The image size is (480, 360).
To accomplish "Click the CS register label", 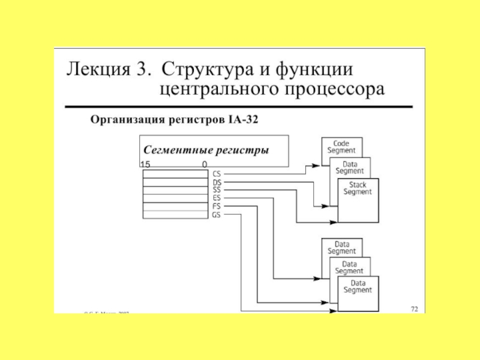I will tap(217, 173).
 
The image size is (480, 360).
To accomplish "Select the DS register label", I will tap(217, 182).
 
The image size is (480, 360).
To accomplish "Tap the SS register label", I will tap(217, 190).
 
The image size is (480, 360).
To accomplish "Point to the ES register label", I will tap(217, 198).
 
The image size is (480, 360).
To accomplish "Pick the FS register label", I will tap(217, 206).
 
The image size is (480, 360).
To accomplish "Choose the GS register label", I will tap(217, 214).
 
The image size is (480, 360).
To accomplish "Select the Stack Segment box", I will tap(358, 188).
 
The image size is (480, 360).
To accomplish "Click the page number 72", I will tap(414, 308).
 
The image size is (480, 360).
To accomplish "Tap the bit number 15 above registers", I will tap(145, 164).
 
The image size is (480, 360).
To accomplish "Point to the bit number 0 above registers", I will tap(205, 164).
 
